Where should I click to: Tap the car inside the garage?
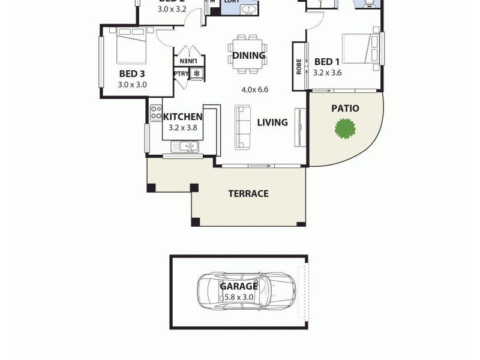pyautogui.click(x=247, y=290)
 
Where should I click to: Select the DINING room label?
pyautogui.click(x=249, y=56)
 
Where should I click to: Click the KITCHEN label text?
pyautogui.click(x=182, y=116)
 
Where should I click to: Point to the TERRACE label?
pyautogui.click(x=248, y=193)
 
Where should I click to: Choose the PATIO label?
pyautogui.click(x=345, y=109)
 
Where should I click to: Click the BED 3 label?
pyautogui.click(x=132, y=74)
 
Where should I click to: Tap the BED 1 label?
pyautogui.click(x=327, y=62)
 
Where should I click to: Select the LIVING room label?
pyautogui.click(x=272, y=122)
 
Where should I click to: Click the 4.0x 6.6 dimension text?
pyautogui.click(x=254, y=90)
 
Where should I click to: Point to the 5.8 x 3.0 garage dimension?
pyautogui.click(x=238, y=297)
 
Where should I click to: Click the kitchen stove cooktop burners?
pyautogui.click(x=155, y=113)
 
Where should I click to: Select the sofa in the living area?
pyautogui.click(x=243, y=126)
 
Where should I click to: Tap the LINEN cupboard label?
pyautogui.click(x=188, y=61)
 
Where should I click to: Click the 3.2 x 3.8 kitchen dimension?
pyautogui.click(x=182, y=128)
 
